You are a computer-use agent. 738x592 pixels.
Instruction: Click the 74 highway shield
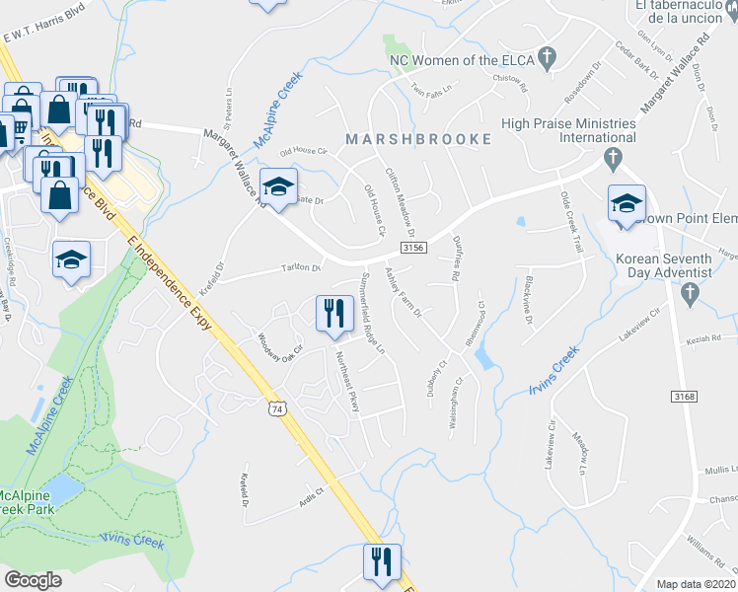(x=281, y=407)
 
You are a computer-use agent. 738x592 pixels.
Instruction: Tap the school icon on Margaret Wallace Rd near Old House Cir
(x=279, y=186)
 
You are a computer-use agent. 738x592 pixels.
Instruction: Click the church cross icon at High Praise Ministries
(x=612, y=157)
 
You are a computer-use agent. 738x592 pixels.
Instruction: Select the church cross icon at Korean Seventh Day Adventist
(x=690, y=292)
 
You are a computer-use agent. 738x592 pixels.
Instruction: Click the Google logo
(x=33, y=580)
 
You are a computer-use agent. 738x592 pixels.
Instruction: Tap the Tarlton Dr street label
(x=303, y=267)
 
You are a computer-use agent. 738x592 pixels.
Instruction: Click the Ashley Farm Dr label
(x=403, y=292)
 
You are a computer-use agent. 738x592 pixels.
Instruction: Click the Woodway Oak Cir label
(x=277, y=348)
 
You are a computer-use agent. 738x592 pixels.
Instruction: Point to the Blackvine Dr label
(x=529, y=307)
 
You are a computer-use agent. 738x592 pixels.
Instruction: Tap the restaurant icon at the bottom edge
(x=380, y=562)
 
